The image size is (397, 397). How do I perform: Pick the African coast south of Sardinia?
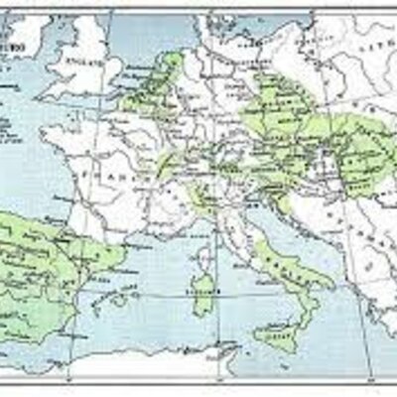(198, 362)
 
